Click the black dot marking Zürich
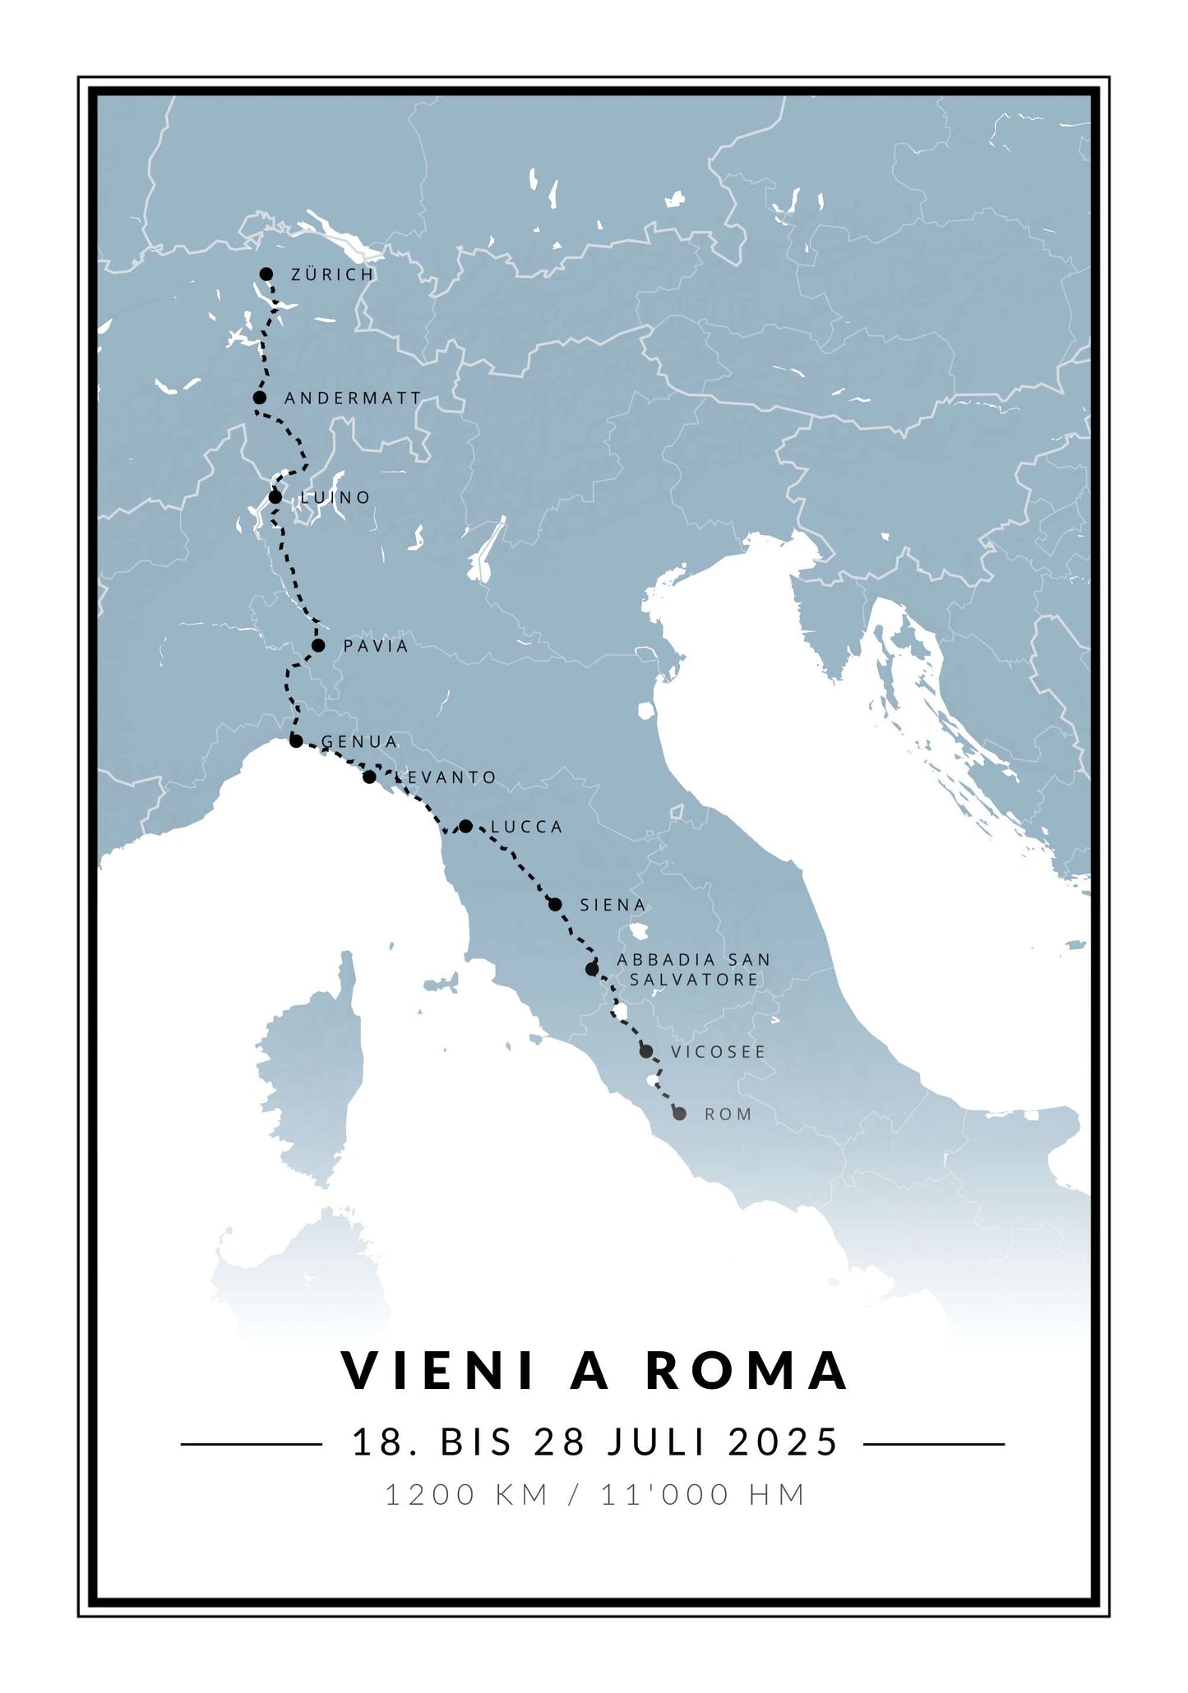(x=266, y=274)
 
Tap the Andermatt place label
(x=353, y=399)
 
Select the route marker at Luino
(x=275, y=497)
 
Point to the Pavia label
(x=376, y=646)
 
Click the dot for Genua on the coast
(x=296, y=741)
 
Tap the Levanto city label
(x=446, y=777)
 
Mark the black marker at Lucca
(x=465, y=826)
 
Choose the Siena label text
(x=613, y=905)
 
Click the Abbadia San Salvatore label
(x=694, y=970)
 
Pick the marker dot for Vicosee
(x=646, y=1051)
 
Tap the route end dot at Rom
(x=679, y=1114)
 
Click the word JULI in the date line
(x=656, y=1442)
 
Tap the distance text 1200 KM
(x=467, y=1494)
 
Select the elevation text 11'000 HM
(x=703, y=1494)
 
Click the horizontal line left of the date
(x=251, y=1443)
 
